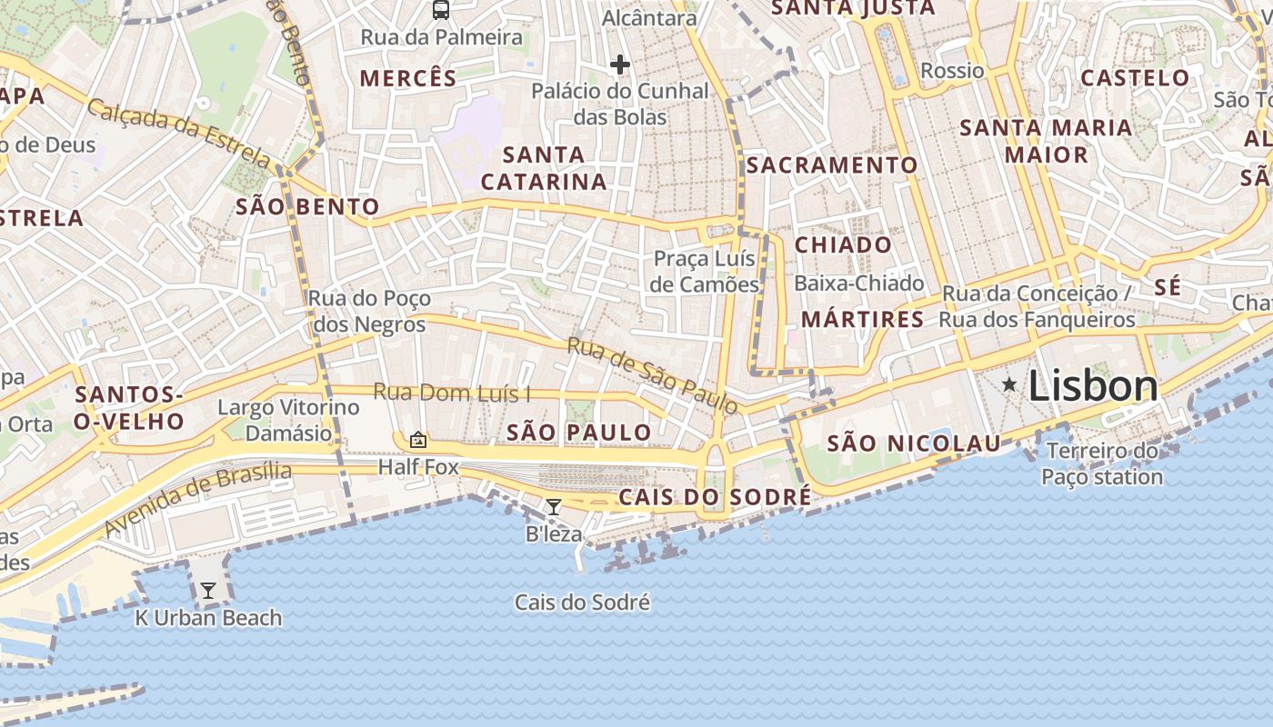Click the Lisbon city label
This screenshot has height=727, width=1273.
coord(1093,386)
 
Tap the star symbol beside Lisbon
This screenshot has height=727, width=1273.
coord(1008,384)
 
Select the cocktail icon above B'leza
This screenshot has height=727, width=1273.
coord(553,506)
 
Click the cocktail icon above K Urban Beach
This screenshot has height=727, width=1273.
coord(208,591)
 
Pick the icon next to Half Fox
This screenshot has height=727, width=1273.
coord(418,440)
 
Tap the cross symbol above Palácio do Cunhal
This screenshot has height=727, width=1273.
coord(620,65)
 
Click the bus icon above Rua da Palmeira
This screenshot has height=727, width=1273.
coord(441,10)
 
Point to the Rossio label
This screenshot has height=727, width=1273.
coord(952,70)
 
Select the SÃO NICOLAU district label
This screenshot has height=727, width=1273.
coord(914,443)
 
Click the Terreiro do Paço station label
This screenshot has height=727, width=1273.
coord(1102,463)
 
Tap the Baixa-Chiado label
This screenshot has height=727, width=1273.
coord(858,284)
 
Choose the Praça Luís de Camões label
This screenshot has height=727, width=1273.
coord(706,272)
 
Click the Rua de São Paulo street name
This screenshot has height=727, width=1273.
coord(652,373)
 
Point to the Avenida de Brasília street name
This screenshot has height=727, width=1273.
coord(198,499)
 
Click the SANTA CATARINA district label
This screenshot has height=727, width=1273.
coord(544,168)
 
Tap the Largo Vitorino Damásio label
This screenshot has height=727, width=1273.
coord(288,420)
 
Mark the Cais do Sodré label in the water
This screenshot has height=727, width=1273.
coord(582,603)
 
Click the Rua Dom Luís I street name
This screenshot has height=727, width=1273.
coord(452,393)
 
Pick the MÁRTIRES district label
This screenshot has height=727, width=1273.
coord(862,320)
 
